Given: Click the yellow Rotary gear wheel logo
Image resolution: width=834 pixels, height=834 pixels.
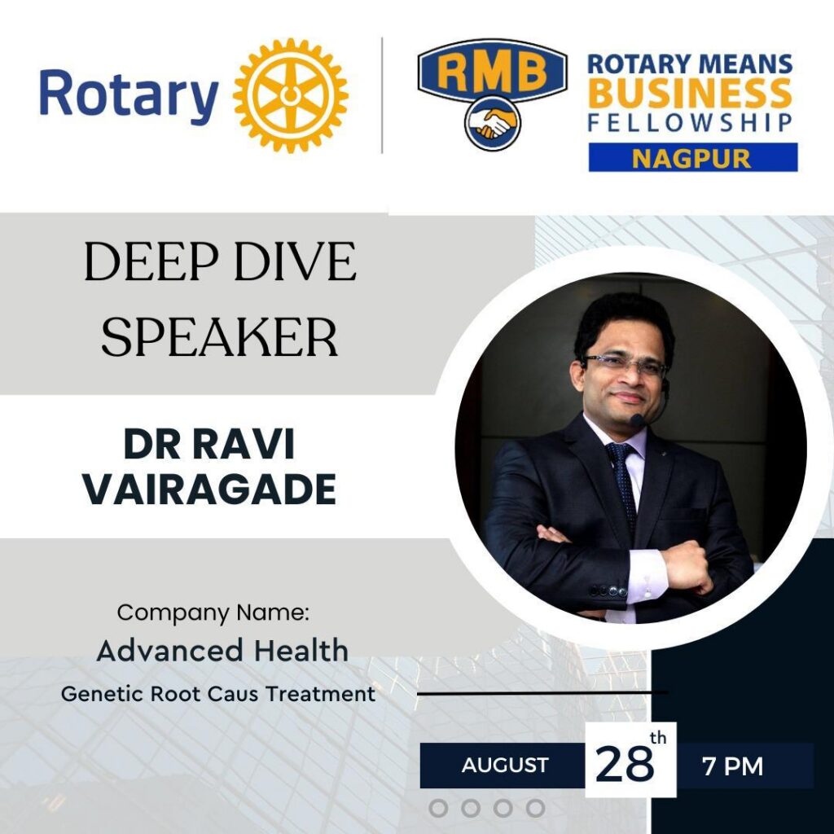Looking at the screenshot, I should click(291, 94).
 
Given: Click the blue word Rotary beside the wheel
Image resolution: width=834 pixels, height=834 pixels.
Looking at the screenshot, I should click(129, 94).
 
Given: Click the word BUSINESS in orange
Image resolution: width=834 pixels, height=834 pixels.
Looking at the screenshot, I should click(690, 94).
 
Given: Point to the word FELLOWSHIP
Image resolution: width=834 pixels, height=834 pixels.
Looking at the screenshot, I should click(690, 123).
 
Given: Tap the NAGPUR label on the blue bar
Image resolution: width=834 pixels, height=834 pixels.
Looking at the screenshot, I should click(692, 157).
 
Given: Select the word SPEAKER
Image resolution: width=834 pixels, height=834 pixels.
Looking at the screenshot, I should click(219, 337).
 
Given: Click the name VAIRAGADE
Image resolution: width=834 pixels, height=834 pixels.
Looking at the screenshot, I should click(210, 489).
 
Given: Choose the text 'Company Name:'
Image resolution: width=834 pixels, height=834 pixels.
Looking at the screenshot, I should click(213, 612).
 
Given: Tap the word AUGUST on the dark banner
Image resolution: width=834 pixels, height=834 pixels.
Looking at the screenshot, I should click(505, 766).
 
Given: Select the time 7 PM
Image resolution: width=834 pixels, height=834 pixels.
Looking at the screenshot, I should click(733, 766).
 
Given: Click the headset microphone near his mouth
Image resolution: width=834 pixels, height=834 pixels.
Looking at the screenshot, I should click(638, 420).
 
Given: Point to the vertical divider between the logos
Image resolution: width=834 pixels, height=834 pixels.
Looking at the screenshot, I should click(383, 94).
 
